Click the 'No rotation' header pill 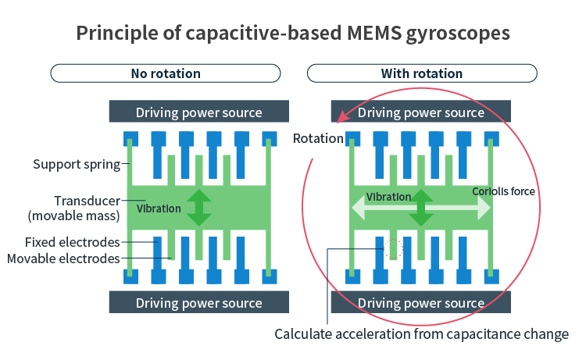(166, 73)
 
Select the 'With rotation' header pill (422, 73)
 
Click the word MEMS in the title (373, 33)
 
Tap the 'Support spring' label (77, 164)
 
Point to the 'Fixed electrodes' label (72, 242)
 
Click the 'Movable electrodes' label (63, 258)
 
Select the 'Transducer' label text (87, 201)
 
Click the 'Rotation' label (318, 138)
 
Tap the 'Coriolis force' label (503, 191)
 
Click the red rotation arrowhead (343, 116)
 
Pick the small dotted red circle (394, 248)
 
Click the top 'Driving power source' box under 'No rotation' (198, 112)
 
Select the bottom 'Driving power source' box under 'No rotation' (198, 302)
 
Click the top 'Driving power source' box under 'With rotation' (421, 112)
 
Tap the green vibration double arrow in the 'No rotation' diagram (198, 208)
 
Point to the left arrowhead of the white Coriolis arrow (358, 208)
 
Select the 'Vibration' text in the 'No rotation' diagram (159, 209)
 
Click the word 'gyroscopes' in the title (458, 34)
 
